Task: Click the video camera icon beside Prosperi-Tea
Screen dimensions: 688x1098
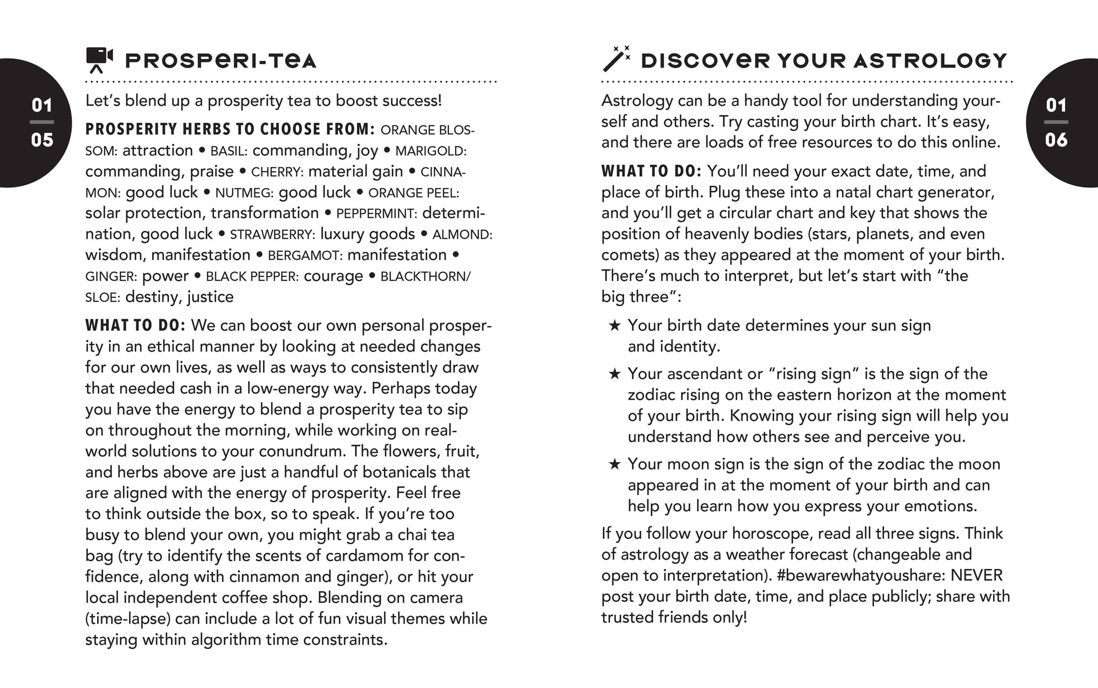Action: point(99,60)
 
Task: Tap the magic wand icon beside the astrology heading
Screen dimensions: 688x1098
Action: point(616,59)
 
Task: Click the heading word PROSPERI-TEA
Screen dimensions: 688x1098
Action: point(221,60)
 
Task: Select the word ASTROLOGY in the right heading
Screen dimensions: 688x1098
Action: point(930,60)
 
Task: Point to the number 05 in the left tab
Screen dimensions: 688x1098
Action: point(42,140)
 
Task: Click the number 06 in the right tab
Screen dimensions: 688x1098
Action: point(1056,140)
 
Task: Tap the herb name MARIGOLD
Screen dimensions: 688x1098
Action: point(430,151)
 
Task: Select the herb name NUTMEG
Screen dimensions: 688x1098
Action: point(244,193)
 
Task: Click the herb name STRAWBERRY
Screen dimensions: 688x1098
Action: point(272,235)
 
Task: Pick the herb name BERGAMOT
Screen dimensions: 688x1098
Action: point(305,256)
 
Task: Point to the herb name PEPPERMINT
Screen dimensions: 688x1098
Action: point(376,214)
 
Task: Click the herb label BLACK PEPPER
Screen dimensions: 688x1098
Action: point(252,277)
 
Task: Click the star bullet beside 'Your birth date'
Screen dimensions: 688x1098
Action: point(614,325)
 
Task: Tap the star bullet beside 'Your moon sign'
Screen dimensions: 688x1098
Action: point(614,464)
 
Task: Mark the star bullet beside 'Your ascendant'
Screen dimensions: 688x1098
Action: point(614,374)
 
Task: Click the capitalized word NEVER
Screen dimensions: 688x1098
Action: point(977,576)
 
